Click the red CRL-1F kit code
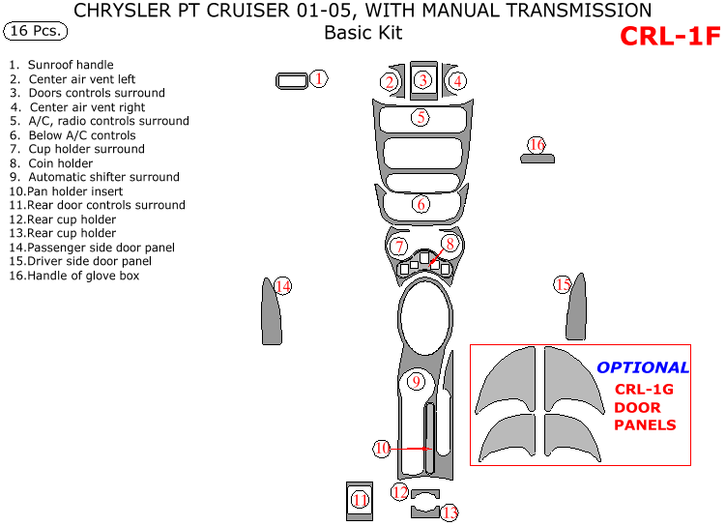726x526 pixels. (670, 36)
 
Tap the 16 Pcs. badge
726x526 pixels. (36, 30)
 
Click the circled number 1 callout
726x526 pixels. (319, 78)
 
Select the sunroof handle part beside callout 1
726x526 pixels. (290, 80)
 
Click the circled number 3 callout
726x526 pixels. (422, 80)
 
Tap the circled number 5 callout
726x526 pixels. (421, 118)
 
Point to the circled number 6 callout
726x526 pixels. (421, 204)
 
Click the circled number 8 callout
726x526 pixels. (450, 244)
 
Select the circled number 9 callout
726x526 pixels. (416, 381)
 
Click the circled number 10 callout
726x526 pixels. (383, 449)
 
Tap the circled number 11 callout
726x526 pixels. (360, 500)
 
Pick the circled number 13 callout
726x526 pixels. (450, 512)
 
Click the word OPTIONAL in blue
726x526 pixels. (643, 367)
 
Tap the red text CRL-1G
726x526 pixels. (643, 389)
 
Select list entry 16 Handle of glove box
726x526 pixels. (75, 276)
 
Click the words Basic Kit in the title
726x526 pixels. (363, 33)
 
